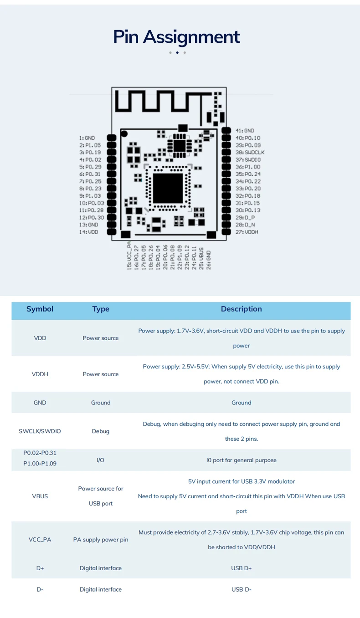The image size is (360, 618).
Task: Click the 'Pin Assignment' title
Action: tap(176, 37)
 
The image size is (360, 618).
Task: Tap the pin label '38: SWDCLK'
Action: tap(250, 152)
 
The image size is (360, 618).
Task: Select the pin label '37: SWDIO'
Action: tap(248, 159)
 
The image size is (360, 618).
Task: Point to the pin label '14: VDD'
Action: tap(88, 232)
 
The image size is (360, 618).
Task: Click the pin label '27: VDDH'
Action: tap(247, 232)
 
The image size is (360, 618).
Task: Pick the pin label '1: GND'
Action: tap(87, 138)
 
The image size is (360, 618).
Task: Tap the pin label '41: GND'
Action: tap(245, 131)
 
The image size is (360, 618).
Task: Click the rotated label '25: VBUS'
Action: tap(201, 258)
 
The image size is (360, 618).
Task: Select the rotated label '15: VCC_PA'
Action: tap(129, 255)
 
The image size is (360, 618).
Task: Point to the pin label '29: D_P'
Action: tap(245, 217)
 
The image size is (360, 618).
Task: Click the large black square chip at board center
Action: tap(168, 188)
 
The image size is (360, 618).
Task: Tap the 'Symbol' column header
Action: tap(40, 309)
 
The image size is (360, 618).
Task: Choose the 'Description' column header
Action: tap(241, 309)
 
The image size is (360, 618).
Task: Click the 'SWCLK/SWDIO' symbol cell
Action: tap(40, 431)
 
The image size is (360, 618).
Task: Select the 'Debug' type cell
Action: tap(101, 431)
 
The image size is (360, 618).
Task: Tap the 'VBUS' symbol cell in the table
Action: tap(40, 496)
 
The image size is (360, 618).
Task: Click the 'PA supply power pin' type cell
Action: tap(101, 540)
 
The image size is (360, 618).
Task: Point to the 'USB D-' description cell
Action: tap(241, 589)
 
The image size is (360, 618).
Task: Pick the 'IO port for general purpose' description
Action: tap(241, 460)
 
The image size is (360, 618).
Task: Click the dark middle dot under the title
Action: tap(177, 52)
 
